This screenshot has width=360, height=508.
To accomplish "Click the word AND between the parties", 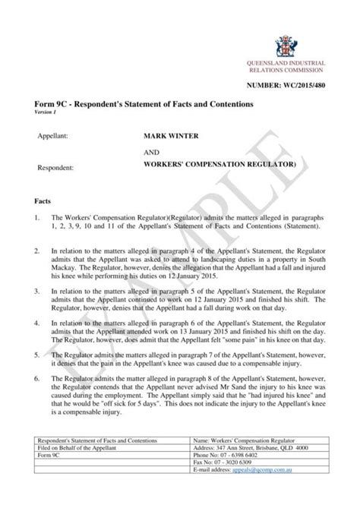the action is pos(141,150).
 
